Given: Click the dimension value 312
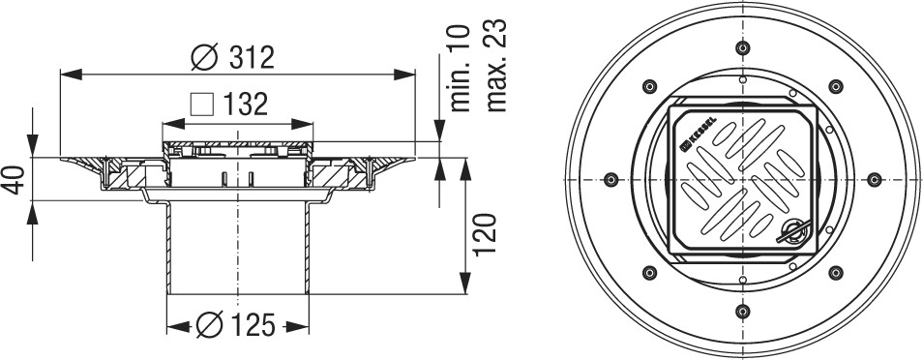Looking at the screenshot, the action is tap(252, 57).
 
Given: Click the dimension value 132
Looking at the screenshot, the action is tap(246, 105).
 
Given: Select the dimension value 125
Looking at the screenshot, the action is tap(252, 326).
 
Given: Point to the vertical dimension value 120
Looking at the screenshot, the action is tap(485, 234).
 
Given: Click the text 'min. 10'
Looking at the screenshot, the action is tap(461, 69).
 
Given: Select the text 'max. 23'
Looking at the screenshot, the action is tap(495, 66).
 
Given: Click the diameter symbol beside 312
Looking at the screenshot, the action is tap(205, 57).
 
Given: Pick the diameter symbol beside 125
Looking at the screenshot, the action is tap(209, 326).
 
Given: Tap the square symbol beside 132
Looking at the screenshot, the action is tap(201, 105).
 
